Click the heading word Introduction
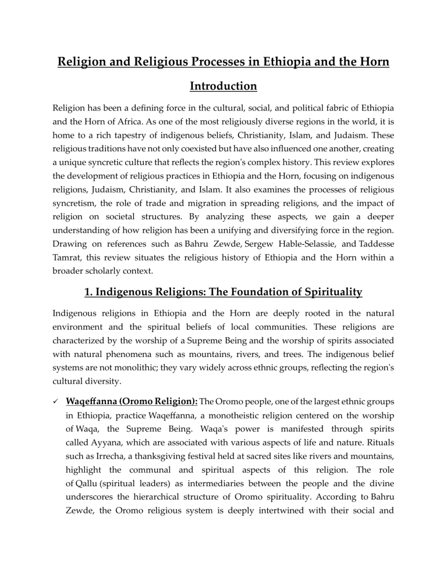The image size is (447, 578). tap(223, 87)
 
